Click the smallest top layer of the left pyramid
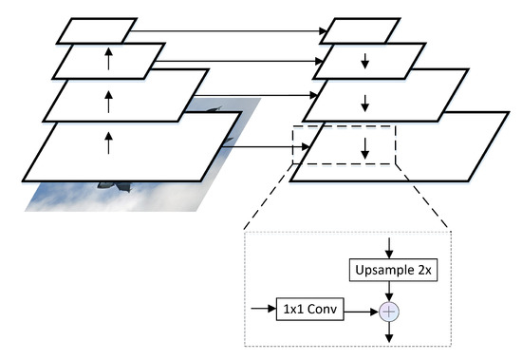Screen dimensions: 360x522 pyautogui.click(x=98, y=30)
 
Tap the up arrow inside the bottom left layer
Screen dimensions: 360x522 pyautogui.click(x=108, y=143)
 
